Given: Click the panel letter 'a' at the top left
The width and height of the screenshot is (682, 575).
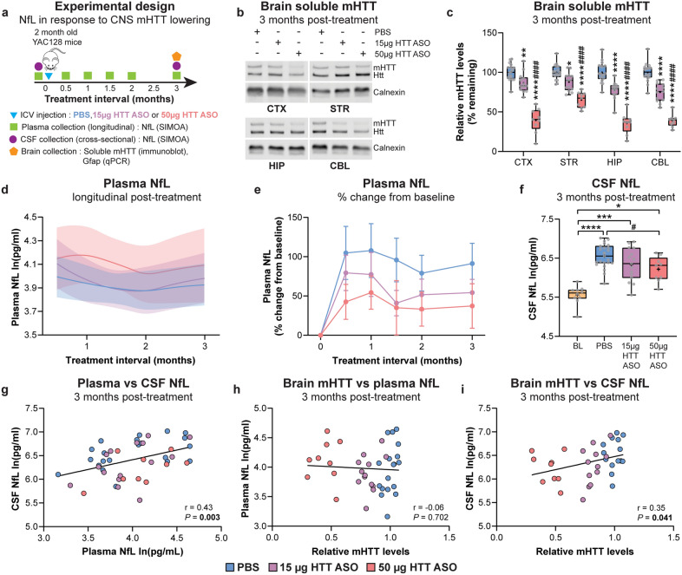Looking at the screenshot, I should [6, 8].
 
